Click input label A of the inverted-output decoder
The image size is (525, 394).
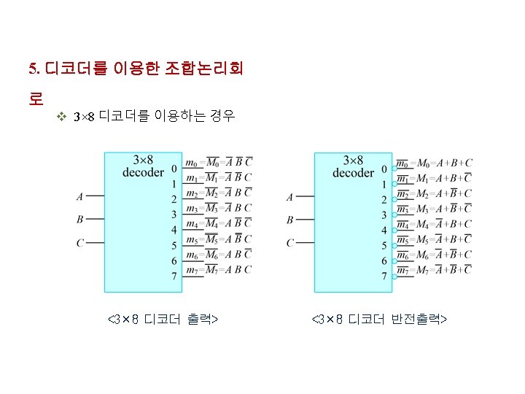[289, 197]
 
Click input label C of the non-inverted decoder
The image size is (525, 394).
[79, 242]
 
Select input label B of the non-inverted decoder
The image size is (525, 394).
[79, 219]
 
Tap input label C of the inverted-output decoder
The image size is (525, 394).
[289, 242]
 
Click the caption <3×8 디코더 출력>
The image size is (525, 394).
[165, 320]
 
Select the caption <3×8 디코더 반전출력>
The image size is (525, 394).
[379, 320]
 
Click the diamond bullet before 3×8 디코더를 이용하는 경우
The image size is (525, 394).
[62, 117]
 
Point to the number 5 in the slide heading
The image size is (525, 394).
[32, 69]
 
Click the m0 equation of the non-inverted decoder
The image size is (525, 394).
[219, 163]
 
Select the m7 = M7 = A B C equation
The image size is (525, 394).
[219, 270]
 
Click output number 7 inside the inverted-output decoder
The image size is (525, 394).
[384, 277]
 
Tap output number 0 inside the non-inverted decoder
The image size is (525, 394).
[174, 169]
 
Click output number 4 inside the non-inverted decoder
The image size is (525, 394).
[174, 230]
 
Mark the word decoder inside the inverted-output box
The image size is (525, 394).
[353, 173]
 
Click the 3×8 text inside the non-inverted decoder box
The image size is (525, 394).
[143, 160]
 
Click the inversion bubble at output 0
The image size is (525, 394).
[394, 169]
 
